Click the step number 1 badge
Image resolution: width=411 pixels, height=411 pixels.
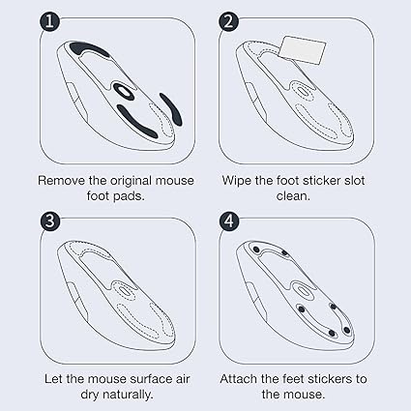49,22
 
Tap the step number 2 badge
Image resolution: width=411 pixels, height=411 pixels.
228,22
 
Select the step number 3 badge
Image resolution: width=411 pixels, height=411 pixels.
50,221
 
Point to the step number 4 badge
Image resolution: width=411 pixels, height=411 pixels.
228,221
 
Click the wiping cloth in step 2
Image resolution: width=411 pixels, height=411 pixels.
302,50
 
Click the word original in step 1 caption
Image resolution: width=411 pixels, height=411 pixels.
132,181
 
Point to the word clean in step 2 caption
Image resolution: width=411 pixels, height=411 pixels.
293,196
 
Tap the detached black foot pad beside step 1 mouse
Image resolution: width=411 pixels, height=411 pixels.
171,109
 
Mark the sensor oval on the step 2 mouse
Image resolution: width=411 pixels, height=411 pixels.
302,90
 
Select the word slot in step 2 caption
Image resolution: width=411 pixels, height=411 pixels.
353,180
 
